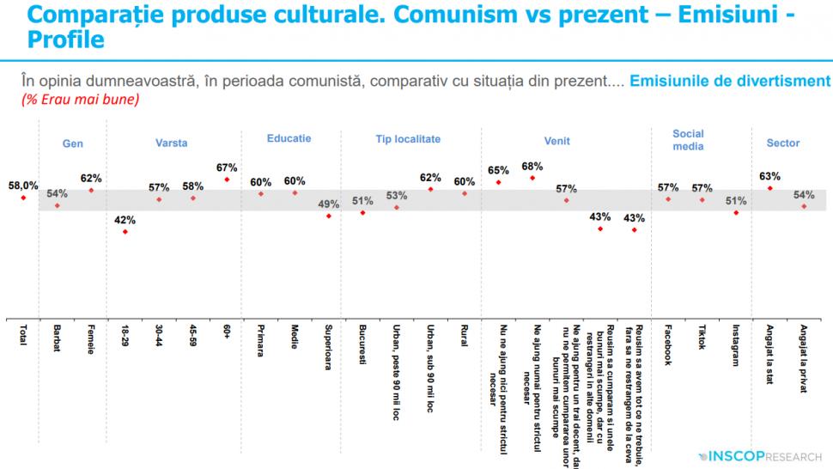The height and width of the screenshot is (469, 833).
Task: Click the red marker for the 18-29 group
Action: (x=125, y=231)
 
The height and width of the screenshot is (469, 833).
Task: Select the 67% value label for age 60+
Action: (x=228, y=167)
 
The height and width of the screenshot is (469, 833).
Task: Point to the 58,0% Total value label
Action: (x=23, y=185)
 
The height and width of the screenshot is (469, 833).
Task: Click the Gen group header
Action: (x=73, y=143)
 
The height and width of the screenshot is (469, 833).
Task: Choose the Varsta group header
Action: (x=172, y=143)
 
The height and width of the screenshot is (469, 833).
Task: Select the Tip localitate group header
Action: (x=408, y=138)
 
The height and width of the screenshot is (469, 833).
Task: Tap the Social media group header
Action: (x=688, y=139)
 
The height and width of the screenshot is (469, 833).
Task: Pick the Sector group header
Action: (x=782, y=143)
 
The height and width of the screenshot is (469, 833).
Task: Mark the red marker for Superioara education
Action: (x=328, y=216)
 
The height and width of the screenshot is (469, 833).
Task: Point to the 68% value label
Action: (x=532, y=166)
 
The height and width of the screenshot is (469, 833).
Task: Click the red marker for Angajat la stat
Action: (x=770, y=188)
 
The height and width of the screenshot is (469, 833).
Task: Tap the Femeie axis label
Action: (x=91, y=340)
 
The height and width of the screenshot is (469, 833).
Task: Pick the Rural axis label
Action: (x=465, y=337)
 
